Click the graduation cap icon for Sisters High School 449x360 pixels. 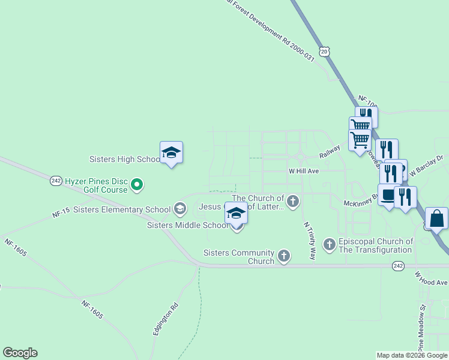click(x=171, y=153)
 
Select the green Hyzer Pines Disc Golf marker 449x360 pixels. click(x=137, y=185)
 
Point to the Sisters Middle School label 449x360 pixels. click(x=187, y=226)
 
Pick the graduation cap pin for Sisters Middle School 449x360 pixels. click(x=237, y=213)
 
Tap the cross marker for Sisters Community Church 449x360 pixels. click(x=284, y=257)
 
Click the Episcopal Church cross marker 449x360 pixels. click(x=329, y=244)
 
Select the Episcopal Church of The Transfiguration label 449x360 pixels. click(x=376, y=245)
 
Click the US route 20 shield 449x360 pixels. click(x=325, y=52)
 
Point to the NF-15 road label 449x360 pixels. click(x=61, y=212)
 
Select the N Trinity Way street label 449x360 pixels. click(x=309, y=241)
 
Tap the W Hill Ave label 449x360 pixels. click(x=303, y=171)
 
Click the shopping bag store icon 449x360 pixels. click(x=436, y=219)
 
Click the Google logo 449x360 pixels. click(x=20, y=353)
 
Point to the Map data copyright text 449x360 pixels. click(x=412, y=355)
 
